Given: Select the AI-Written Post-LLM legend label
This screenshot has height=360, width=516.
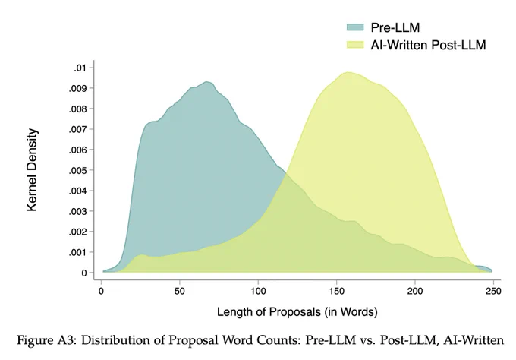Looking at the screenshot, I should (428, 45).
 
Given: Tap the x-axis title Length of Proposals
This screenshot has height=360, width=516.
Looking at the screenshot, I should (297, 312).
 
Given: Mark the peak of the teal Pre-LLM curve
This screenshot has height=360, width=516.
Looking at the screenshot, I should (207, 82).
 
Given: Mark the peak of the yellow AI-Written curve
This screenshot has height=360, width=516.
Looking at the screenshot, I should (348, 73).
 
